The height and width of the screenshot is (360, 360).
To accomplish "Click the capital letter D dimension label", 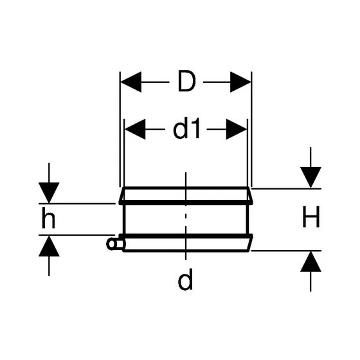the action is click(x=187, y=81).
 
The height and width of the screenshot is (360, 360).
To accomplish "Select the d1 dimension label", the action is click(x=186, y=129).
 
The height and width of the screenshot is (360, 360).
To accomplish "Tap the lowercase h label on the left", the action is click(x=48, y=218).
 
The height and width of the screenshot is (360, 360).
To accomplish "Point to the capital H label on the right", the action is click(x=311, y=217).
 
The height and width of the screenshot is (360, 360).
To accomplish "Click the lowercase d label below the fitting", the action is click(x=185, y=280).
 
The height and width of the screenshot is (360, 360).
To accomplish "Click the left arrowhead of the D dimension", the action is click(x=131, y=82).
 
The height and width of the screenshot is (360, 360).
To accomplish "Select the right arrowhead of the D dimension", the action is click(x=240, y=82).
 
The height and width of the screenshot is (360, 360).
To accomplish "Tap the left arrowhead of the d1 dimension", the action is click(x=135, y=129).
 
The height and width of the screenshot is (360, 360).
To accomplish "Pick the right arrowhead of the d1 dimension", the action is click(x=237, y=129).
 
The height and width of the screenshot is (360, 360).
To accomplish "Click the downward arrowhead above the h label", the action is click(x=49, y=193).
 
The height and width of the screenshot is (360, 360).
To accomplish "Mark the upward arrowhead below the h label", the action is click(x=49, y=246).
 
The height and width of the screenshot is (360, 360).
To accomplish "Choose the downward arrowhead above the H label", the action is click(x=310, y=177).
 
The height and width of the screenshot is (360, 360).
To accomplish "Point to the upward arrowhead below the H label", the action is click(x=310, y=262).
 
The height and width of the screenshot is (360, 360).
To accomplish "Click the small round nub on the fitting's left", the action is click(x=112, y=244).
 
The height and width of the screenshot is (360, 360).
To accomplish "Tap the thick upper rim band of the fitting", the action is click(x=186, y=203).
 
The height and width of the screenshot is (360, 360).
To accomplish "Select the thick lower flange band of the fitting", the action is click(x=186, y=236).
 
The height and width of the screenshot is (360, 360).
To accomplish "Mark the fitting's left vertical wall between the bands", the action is click(x=124, y=219).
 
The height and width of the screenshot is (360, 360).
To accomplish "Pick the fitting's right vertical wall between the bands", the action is click(x=248, y=219).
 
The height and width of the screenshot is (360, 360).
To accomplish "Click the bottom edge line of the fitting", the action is click(x=186, y=251).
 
